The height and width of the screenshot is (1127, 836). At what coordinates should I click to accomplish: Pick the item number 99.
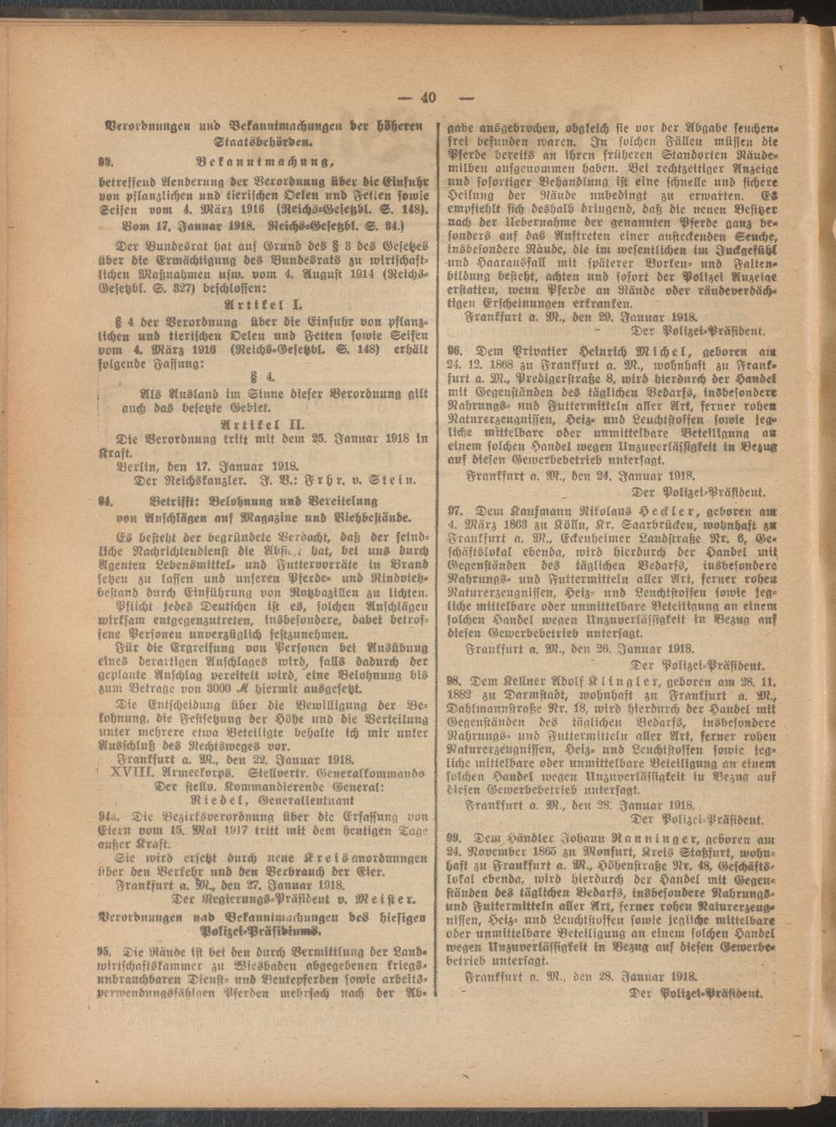[x=456, y=837]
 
